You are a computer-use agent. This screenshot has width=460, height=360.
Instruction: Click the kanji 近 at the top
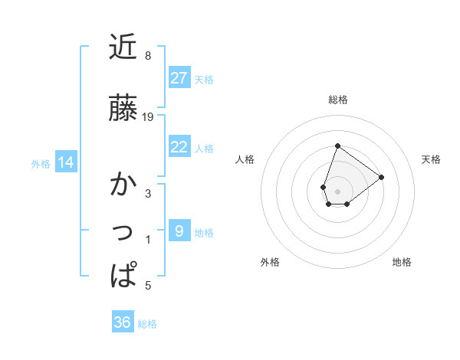pos(123,47)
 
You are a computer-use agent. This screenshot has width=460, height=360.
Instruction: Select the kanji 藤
pos(123,108)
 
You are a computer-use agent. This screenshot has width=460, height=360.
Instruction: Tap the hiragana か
pos(123,185)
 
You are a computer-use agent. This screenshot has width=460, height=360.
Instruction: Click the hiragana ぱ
pos(123,274)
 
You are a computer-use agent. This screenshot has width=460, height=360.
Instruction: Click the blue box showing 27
pos(179,78)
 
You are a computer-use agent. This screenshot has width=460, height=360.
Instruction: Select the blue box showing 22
pos(179,147)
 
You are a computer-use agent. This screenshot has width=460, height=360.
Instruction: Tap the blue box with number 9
pos(179,231)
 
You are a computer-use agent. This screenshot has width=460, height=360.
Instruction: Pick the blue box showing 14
pos(66,162)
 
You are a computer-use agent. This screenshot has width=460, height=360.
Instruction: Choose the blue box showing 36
pos(122,322)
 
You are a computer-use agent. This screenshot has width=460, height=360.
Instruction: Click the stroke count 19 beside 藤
pos(148,117)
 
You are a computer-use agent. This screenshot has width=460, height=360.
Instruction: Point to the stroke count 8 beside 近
pos(147,56)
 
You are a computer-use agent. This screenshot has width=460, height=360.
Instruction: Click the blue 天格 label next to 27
pos(204,79)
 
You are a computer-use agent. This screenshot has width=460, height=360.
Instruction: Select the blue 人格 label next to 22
pos(204,148)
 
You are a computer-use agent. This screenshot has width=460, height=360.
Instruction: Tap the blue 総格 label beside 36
pos(147,324)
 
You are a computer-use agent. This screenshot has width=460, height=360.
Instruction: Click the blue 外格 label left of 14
pos(41,163)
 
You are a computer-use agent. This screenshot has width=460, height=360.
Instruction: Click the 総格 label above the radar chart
pos(337,100)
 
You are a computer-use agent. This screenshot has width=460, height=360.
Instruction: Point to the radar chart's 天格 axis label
pos(432,159)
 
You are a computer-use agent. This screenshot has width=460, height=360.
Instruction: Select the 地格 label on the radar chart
pos(402,262)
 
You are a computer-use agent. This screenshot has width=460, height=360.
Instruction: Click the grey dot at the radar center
pos(337,190)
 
